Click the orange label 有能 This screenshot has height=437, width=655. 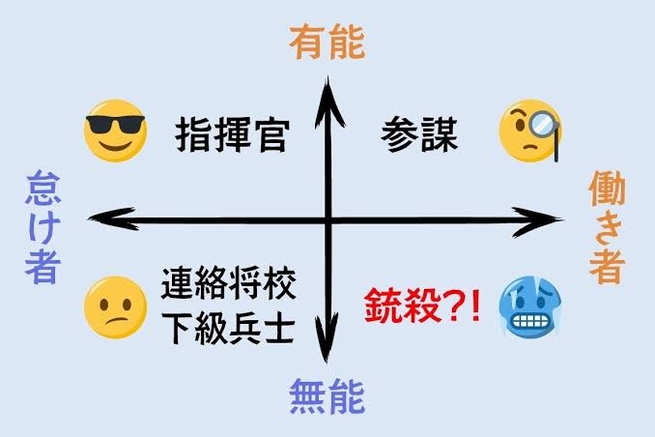pyautogui.click(x=327, y=43)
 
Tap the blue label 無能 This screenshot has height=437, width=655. pyautogui.click(x=327, y=396)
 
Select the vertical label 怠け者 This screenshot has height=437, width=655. pyautogui.click(x=43, y=227)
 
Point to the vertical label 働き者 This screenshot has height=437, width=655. pyautogui.click(x=607, y=227)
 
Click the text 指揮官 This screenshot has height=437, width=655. pyautogui.click(x=232, y=135)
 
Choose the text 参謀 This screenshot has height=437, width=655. pyautogui.click(x=419, y=134)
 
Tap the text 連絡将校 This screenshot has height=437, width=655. pyautogui.click(x=229, y=283)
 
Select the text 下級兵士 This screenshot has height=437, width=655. pyautogui.click(x=229, y=328)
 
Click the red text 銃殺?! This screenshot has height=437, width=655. pyautogui.click(x=423, y=306)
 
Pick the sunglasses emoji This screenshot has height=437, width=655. pyautogui.click(x=115, y=131)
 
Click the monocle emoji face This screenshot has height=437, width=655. pyautogui.click(x=529, y=131)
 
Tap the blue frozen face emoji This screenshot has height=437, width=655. pyautogui.click(x=529, y=307)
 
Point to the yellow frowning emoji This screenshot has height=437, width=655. pyautogui.click(x=115, y=307)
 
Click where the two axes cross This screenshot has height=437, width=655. pyautogui.click(x=328, y=219)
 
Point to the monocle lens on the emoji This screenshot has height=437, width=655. pyautogui.click(x=541, y=122)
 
